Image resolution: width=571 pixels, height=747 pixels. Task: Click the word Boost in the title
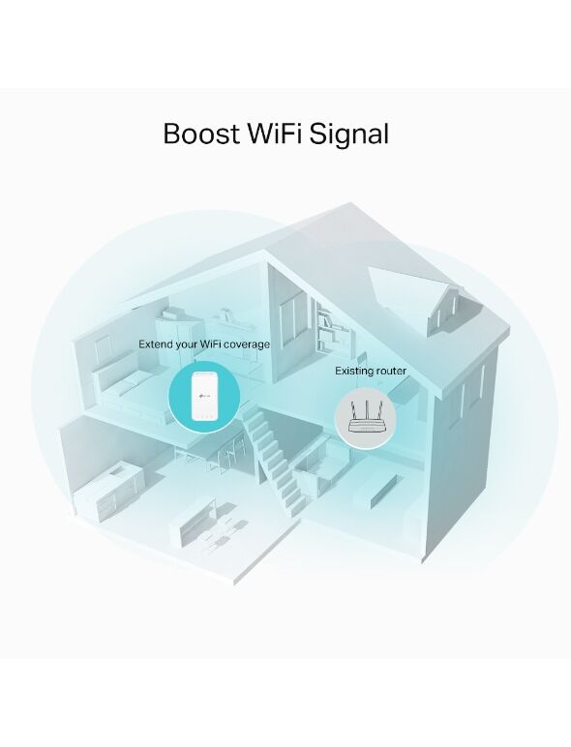[201, 134]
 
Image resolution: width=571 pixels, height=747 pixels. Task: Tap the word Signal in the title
[349, 135]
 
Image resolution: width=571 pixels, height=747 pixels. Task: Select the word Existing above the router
[353, 372]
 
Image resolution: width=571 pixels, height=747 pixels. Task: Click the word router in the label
[391, 371]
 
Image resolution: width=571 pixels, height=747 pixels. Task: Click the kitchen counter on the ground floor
[108, 491]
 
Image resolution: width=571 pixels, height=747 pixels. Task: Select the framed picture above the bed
[103, 349]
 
